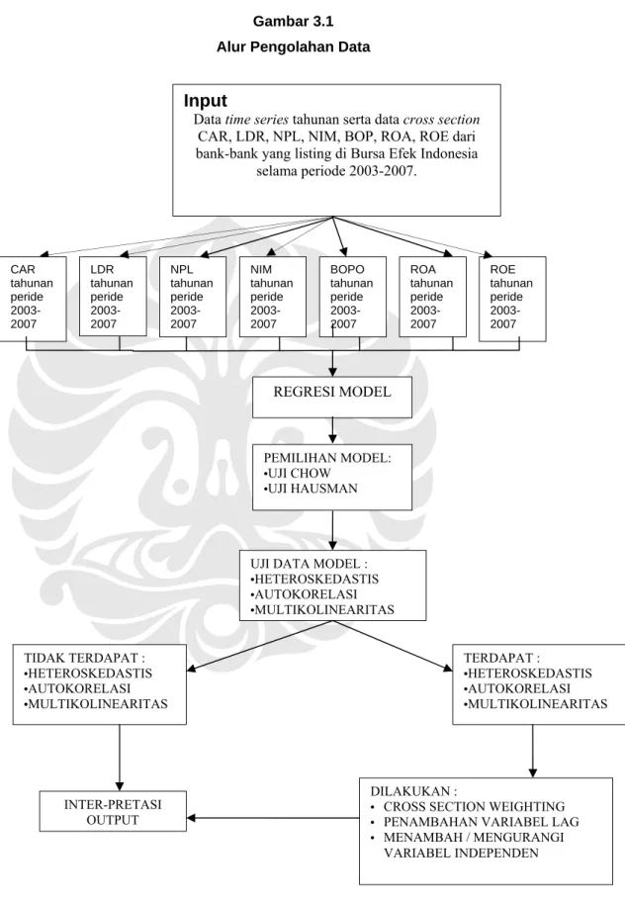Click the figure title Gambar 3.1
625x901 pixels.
[x=293, y=22]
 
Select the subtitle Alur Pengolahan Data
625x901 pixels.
[x=293, y=47]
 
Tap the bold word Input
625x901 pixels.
[x=205, y=101]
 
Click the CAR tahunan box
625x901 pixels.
[x=33, y=299]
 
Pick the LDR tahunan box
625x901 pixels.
[x=113, y=297]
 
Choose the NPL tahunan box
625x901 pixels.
[x=193, y=297]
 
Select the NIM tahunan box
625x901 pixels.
[x=272, y=297]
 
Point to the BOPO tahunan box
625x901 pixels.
[x=353, y=297]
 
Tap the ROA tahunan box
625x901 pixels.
[x=432, y=297]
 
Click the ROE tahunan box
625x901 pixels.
[x=512, y=299]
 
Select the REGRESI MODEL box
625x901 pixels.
[x=332, y=397]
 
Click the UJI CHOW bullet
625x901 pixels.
[x=297, y=474]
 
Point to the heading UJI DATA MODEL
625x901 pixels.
[x=309, y=564]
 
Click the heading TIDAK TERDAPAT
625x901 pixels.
[x=84, y=658]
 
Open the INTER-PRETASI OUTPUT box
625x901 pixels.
[x=113, y=811]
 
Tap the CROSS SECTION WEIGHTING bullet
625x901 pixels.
[x=468, y=807]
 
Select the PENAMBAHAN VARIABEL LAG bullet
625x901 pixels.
[x=475, y=822]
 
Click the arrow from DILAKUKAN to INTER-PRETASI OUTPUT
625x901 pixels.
[x=273, y=818]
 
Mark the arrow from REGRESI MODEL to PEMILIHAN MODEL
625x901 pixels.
[x=332, y=431]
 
